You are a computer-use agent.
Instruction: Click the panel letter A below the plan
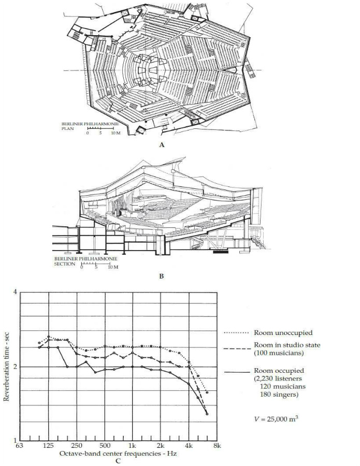click(162, 145)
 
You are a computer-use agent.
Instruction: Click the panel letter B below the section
click(162, 276)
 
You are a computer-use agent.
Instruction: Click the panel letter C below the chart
click(118, 460)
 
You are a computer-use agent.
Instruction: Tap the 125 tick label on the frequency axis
click(49, 445)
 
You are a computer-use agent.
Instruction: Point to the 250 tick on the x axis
click(77, 445)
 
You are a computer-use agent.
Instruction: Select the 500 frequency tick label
click(105, 445)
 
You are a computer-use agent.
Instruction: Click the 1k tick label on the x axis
click(133, 445)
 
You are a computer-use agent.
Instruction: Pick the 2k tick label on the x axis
click(161, 445)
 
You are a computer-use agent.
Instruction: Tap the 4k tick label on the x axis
click(189, 445)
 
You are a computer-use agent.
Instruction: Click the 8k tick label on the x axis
click(217, 445)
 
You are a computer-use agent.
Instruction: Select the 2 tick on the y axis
click(15, 367)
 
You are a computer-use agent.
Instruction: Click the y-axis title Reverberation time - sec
click(7, 367)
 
